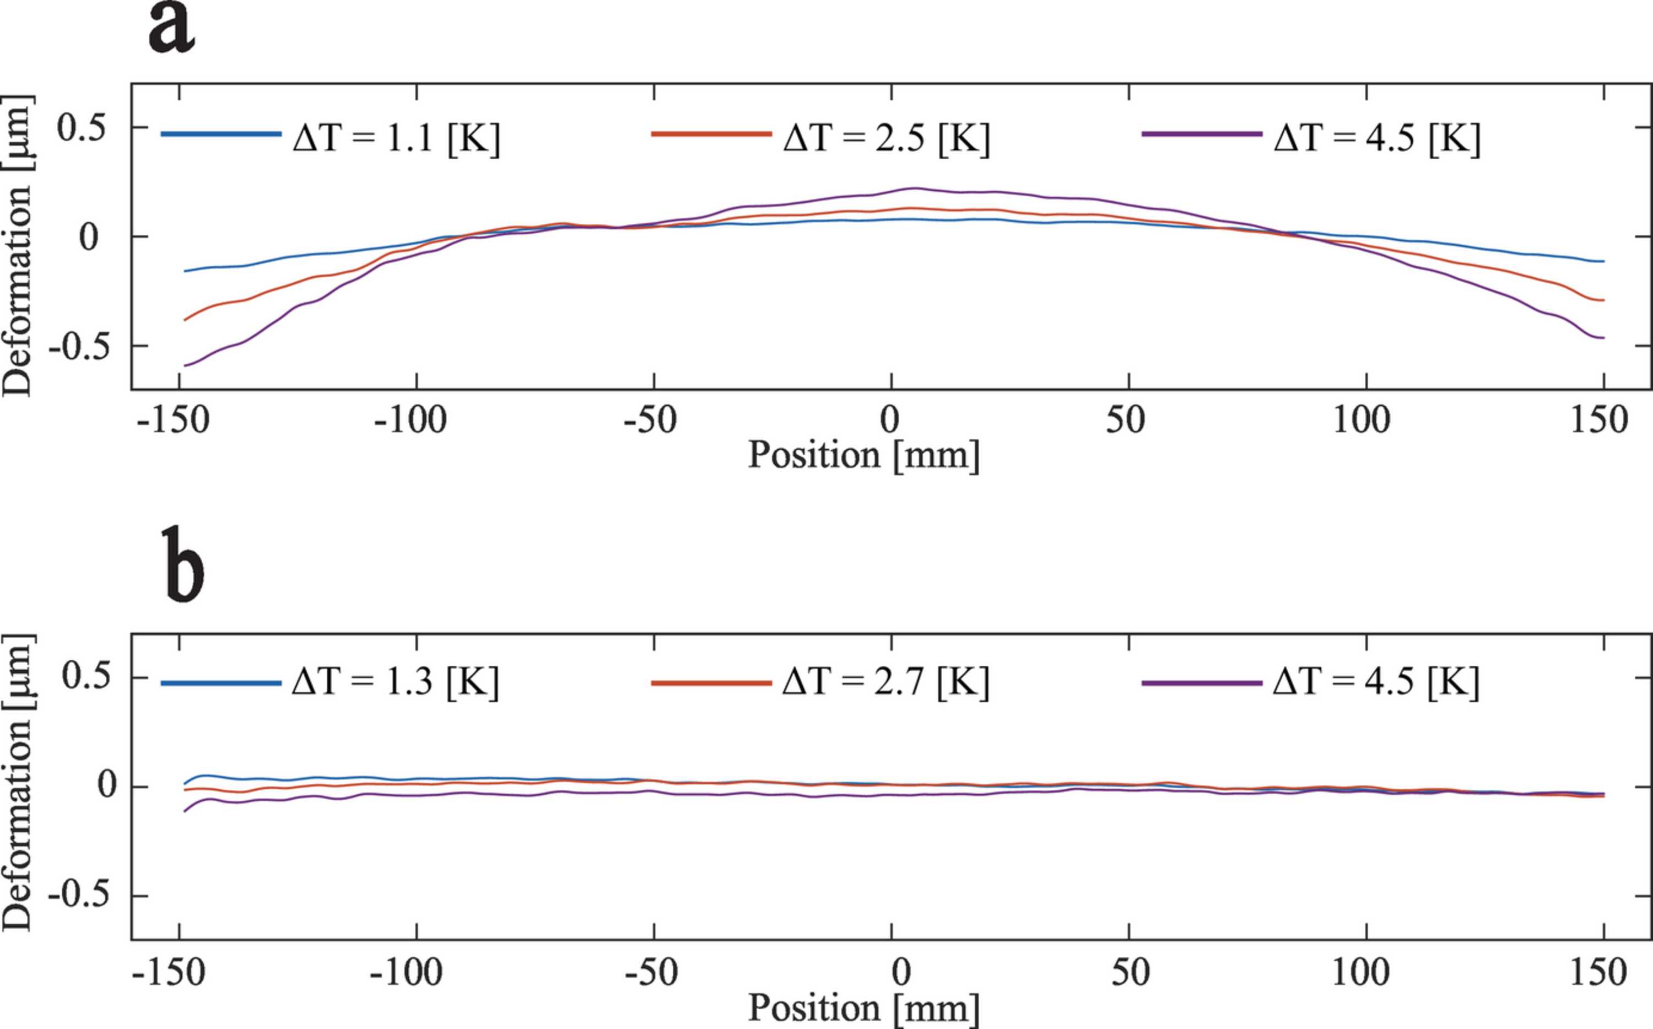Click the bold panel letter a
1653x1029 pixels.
[171, 29]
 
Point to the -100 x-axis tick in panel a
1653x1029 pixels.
[410, 421]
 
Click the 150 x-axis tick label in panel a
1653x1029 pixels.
[1599, 421]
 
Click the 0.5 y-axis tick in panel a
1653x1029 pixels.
[82, 127]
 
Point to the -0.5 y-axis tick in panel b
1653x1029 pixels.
[79, 896]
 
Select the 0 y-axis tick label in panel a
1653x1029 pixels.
[88, 238]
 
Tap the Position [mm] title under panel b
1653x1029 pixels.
[864, 1009]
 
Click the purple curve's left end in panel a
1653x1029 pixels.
[185, 366]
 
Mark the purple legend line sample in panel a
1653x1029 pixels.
[1202, 134]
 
